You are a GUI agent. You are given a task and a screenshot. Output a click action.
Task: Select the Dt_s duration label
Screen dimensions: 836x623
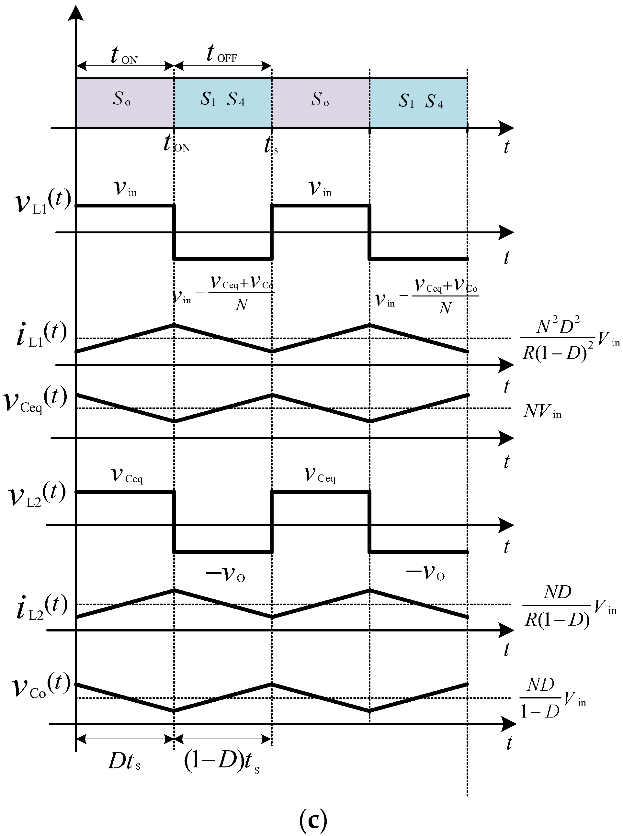coord(124,761)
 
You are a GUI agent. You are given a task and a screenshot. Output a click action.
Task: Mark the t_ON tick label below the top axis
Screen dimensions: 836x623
coord(176,144)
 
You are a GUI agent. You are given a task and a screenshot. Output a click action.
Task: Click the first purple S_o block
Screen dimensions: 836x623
coord(125,103)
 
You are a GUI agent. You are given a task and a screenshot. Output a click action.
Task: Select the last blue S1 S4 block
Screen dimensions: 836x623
coord(418,103)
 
